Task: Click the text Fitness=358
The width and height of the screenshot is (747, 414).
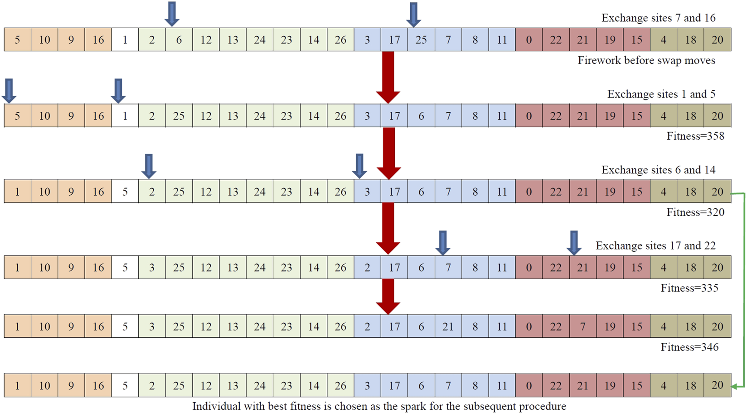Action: tap(695, 136)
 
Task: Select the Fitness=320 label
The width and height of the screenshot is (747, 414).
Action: tap(695, 212)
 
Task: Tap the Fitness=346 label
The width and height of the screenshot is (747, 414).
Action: tap(689, 347)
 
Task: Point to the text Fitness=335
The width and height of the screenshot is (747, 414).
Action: tap(689, 288)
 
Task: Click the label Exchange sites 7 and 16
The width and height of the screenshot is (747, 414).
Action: tap(658, 18)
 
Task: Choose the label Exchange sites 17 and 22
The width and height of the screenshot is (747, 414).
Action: tap(655, 246)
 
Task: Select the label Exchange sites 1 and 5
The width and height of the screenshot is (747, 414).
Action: tap(661, 94)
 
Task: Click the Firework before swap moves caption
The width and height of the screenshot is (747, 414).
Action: tap(646, 61)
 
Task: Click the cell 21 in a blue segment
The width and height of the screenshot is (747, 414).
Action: tap(448, 326)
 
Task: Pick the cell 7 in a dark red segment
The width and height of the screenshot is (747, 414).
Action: tap(582, 326)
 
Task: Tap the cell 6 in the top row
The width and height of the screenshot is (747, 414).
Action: tap(179, 40)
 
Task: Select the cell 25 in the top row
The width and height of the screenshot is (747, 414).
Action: tap(421, 40)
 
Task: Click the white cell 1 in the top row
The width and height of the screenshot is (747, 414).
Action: tap(125, 40)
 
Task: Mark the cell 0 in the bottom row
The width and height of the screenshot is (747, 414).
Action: tap(529, 385)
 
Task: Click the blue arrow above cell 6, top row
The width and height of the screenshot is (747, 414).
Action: tap(172, 14)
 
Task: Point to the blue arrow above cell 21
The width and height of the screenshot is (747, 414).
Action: tap(574, 242)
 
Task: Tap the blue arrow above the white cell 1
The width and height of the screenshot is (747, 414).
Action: tap(118, 90)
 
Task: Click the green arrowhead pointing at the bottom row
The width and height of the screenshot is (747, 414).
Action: tap(737, 386)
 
